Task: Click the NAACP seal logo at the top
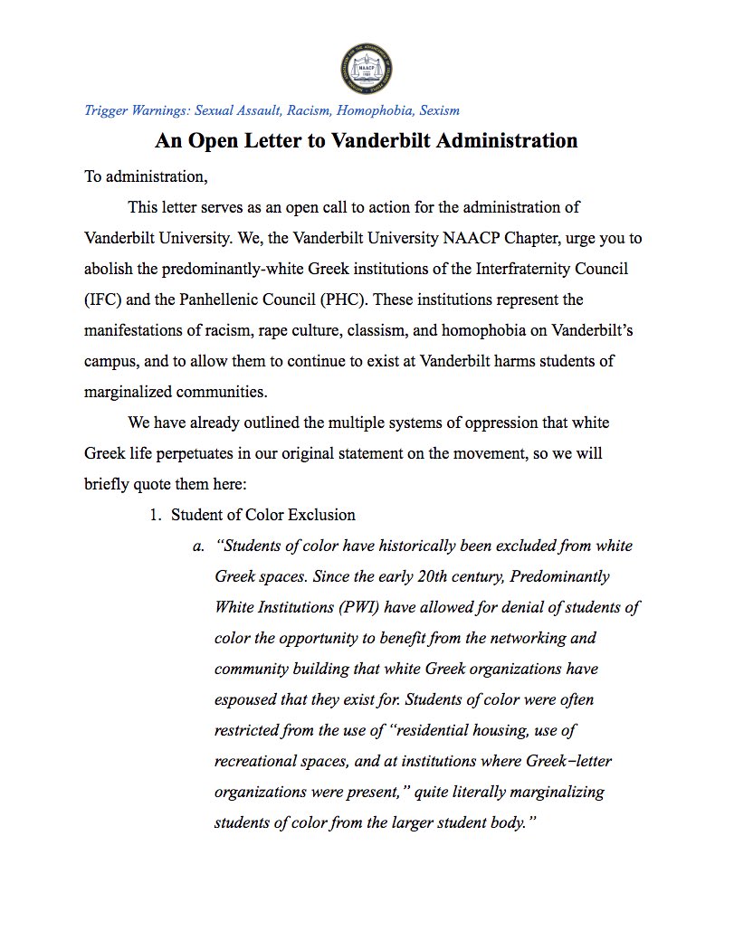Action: pyautogui.click(x=366, y=72)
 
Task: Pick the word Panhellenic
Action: pyautogui.click(x=239, y=299)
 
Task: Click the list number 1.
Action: pyautogui.click(x=155, y=515)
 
